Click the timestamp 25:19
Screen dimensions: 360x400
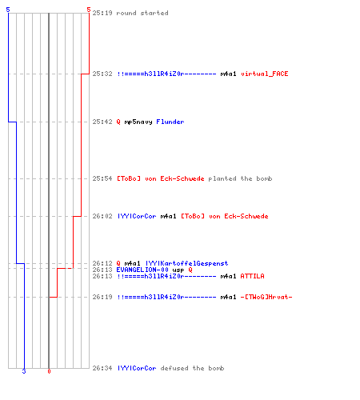(102, 13)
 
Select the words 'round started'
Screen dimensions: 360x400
(142, 13)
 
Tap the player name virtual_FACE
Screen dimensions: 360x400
(264, 74)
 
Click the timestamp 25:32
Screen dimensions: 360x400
(102, 74)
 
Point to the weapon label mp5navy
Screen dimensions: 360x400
(138, 122)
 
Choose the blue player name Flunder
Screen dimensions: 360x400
(170, 122)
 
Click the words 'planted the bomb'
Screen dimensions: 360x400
(240, 178)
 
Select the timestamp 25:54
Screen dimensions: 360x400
(102, 178)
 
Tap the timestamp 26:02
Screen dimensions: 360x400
(102, 216)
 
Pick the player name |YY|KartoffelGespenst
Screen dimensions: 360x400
(186, 263)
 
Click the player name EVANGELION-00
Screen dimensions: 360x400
(142, 270)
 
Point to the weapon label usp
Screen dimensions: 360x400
(178, 270)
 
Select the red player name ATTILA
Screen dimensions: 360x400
(252, 276)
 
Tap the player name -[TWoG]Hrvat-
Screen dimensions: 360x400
(266, 297)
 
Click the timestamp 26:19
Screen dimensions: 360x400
(102, 297)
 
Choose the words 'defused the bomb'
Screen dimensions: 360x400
(192, 368)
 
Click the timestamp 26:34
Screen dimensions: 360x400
(102, 368)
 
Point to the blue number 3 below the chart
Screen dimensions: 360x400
(24, 371)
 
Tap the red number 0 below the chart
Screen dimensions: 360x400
(49, 371)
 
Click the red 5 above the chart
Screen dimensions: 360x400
(89, 10)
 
